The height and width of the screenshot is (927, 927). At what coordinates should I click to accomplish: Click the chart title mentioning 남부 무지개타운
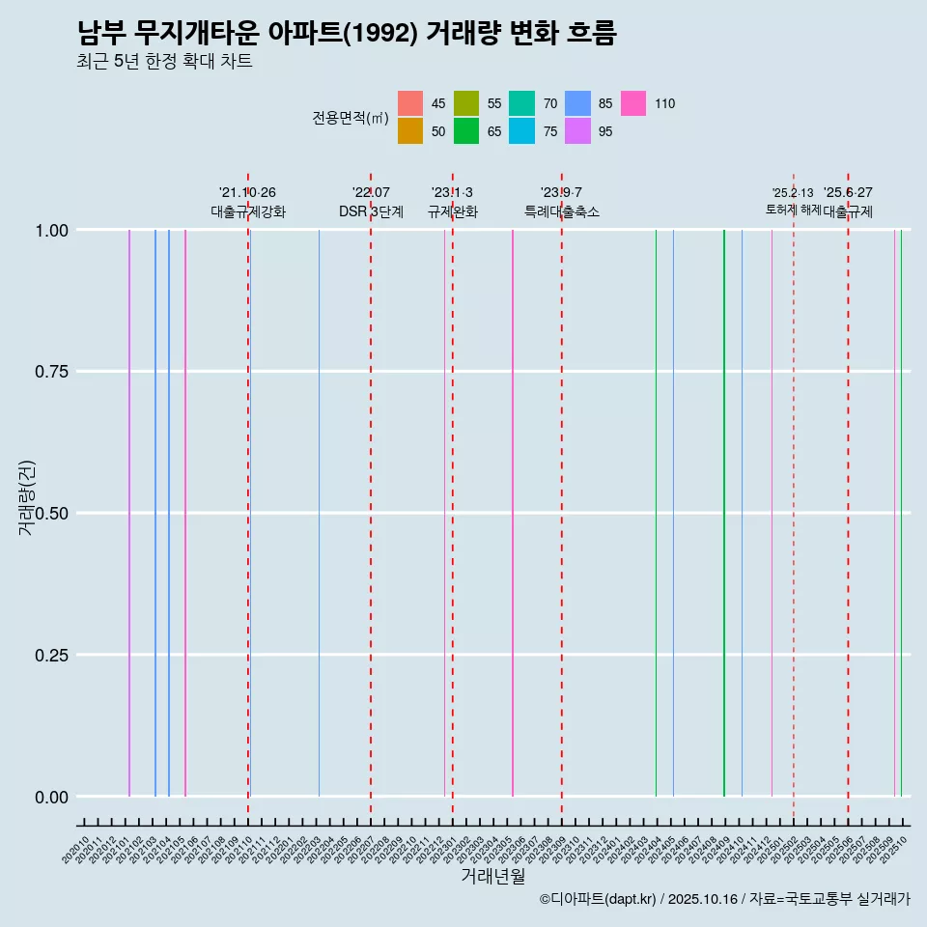pyautogui.click(x=346, y=34)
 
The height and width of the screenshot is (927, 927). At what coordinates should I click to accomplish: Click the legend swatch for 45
pyautogui.click(x=410, y=103)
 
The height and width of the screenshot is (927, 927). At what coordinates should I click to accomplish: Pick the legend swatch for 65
pyautogui.click(x=466, y=131)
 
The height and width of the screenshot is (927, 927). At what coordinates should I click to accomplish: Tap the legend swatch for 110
pyautogui.click(x=633, y=103)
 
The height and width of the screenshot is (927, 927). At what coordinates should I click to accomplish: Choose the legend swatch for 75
pyautogui.click(x=522, y=131)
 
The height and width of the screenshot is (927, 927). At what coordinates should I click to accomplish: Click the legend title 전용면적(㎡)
pyautogui.click(x=350, y=118)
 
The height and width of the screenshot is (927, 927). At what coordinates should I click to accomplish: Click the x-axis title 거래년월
pyautogui.click(x=492, y=877)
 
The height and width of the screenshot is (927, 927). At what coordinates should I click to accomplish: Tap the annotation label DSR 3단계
pyautogui.click(x=371, y=211)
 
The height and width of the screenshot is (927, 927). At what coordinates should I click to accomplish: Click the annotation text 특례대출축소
pyautogui.click(x=562, y=211)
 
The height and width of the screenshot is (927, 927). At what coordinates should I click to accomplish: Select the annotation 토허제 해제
pyautogui.click(x=793, y=209)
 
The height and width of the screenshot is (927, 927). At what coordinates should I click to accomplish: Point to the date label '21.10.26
pyautogui.click(x=247, y=192)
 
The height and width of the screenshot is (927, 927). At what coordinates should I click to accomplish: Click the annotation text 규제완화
pyautogui.click(x=452, y=211)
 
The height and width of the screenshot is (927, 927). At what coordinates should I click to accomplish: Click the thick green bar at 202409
pyautogui.click(x=724, y=512)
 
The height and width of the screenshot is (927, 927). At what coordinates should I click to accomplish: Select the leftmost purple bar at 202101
pyautogui.click(x=129, y=512)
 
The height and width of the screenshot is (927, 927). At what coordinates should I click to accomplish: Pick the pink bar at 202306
pyautogui.click(x=513, y=512)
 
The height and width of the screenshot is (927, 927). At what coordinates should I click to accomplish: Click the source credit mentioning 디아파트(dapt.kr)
pyautogui.click(x=724, y=899)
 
